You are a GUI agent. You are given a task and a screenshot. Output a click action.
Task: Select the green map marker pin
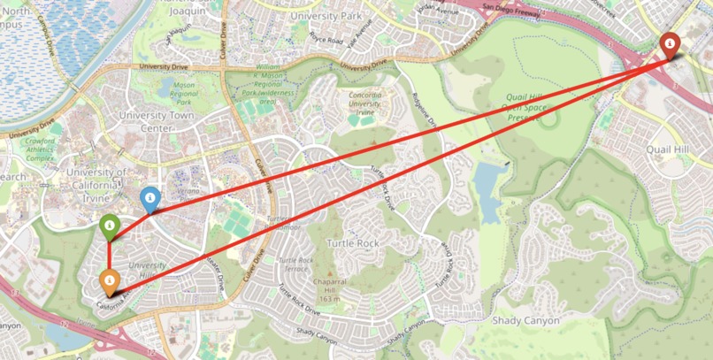pyautogui.click(x=109, y=226)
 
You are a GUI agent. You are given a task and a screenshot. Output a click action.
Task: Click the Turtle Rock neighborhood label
pyautogui.click(x=353, y=242)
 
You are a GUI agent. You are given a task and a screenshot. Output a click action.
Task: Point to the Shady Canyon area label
pyautogui.click(x=525, y=320)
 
